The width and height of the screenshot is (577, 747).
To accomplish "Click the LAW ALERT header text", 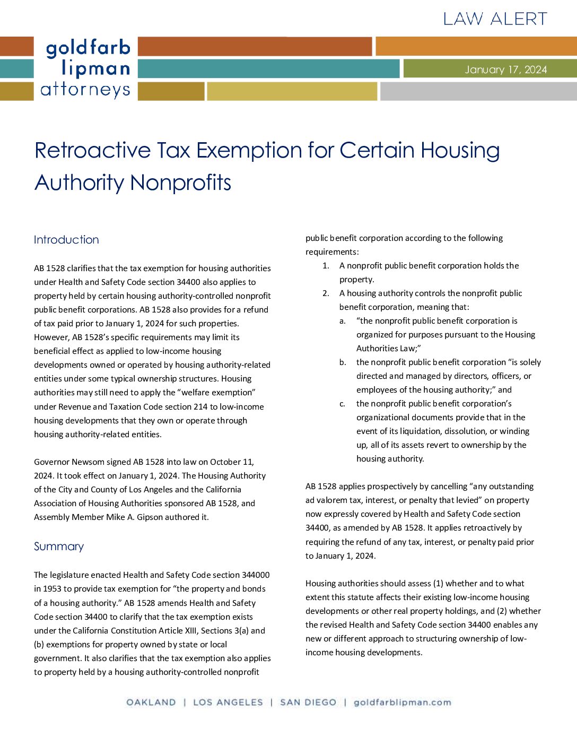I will pos(495,19).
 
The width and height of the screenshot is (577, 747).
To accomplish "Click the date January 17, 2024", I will pos(505,70).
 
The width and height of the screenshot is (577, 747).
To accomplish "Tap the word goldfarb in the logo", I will pos(88,48).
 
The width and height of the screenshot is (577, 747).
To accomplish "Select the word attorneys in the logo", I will pos(85,90).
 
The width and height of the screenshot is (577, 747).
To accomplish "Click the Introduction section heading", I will pos(66,240).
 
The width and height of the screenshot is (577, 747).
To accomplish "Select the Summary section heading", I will pos(59,546).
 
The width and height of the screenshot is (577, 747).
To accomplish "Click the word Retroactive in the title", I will pos(92,150).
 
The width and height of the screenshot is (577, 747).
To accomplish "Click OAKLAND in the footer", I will pos(151,702).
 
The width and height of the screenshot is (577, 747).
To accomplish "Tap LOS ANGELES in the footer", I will pos(228,702).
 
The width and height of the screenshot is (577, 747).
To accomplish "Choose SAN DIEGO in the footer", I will pos(308,702).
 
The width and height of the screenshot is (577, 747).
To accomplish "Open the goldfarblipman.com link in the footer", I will pos(402,702).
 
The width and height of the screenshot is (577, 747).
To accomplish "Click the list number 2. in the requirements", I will pos(326,293).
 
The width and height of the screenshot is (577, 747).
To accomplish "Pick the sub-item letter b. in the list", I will pos(343,362).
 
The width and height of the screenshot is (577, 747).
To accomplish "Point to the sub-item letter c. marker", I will pos(343,404).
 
